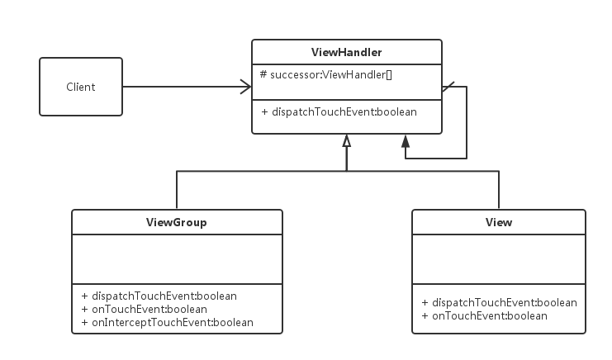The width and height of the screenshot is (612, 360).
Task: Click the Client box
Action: point(81,87)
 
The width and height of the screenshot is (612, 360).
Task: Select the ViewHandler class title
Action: point(346,53)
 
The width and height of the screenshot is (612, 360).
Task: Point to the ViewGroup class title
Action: point(177,222)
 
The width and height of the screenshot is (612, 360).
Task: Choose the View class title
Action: point(499,222)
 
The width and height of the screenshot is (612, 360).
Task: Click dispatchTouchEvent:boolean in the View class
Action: point(499,302)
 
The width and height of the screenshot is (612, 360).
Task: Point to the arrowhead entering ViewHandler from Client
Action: point(246,86)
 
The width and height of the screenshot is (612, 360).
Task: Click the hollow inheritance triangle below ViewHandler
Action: point(347,141)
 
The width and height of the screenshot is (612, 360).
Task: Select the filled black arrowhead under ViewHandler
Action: point(406,141)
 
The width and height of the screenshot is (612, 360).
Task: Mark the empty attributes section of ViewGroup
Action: point(177,259)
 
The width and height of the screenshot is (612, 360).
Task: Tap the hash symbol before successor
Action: point(263,74)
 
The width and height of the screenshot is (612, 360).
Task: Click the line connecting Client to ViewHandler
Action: point(182,86)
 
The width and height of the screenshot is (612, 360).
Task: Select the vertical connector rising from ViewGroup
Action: point(177,190)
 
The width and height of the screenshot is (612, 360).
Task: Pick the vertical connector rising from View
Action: point(499,190)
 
